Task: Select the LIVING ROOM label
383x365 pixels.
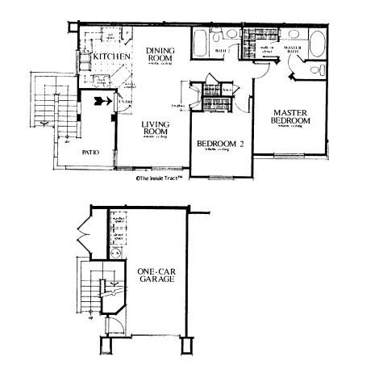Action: (x=155, y=128)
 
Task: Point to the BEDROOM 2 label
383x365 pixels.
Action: (x=220, y=145)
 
